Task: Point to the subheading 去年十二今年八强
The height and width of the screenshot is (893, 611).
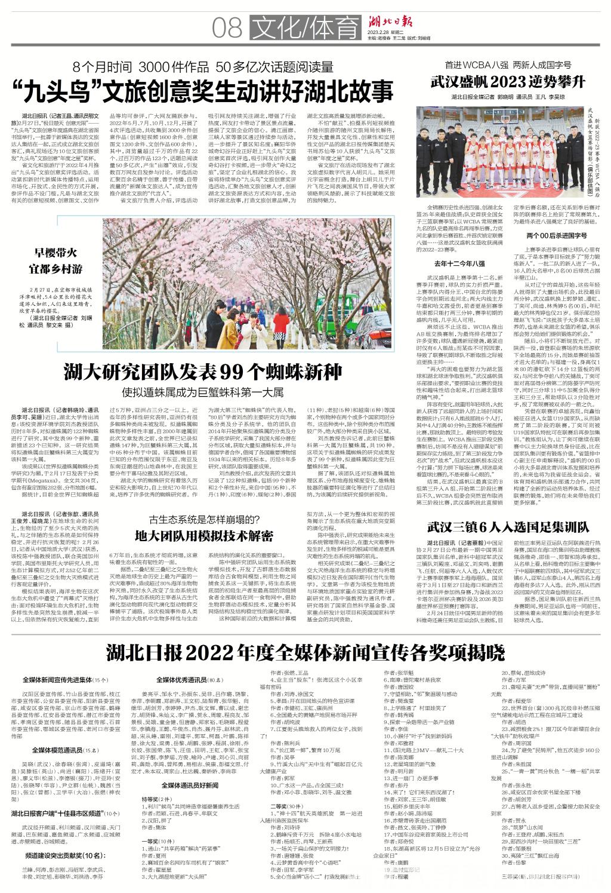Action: coord(459,263)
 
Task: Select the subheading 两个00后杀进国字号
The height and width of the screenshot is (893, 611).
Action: coord(548,235)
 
